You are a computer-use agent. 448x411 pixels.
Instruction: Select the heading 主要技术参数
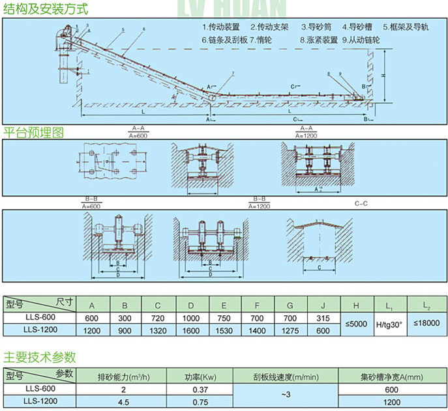pyautogui.click(x=40, y=356)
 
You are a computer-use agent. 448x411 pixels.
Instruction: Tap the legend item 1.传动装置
pyautogui.click(x=221, y=28)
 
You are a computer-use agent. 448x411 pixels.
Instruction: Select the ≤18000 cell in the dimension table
pyautogui.click(x=427, y=323)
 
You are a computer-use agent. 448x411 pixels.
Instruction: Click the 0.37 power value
pyautogui.click(x=200, y=390)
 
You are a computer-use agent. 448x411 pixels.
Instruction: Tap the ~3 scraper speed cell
pyautogui.click(x=285, y=396)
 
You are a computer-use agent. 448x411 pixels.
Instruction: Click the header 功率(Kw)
pyautogui.click(x=200, y=376)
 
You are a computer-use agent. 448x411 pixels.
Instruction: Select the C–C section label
pyautogui.click(x=361, y=203)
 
